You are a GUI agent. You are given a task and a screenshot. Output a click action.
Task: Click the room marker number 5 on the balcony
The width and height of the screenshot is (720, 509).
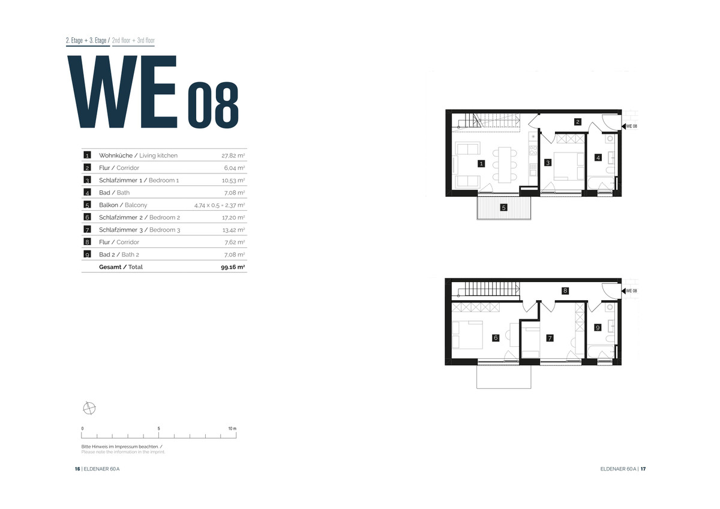click(503, 208)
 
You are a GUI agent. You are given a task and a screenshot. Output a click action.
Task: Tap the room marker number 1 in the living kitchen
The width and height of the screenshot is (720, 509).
click(481, 164)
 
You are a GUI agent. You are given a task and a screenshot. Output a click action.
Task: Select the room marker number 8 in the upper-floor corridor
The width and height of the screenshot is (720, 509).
click(565, 291)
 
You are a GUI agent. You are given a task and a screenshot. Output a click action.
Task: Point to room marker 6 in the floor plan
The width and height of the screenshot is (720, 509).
click(496, 337)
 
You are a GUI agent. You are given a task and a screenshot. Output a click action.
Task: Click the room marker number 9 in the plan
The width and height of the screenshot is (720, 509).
click(598, 328)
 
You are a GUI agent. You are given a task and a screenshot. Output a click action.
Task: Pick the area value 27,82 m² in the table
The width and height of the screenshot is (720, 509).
click(233, 155)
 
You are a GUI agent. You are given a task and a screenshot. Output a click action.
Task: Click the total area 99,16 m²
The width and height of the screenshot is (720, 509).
click(233, 267)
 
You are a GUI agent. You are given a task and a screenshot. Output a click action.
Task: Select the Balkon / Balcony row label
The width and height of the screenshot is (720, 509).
click(123, 205)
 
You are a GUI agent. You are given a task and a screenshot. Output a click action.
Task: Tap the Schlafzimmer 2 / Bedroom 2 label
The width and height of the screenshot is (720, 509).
click(139, 217)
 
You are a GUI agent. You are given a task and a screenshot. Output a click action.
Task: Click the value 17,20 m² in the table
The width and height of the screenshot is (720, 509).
click(233, 218)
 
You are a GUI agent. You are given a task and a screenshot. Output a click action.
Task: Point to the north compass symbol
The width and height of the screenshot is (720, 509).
click(89, 408)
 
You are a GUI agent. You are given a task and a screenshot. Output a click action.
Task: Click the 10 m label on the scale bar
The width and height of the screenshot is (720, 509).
click(232, 429)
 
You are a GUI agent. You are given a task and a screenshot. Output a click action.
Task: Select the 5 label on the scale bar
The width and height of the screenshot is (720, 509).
click(159, 429)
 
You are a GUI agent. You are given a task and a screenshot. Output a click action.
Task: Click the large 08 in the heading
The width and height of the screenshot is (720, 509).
click(213, 105)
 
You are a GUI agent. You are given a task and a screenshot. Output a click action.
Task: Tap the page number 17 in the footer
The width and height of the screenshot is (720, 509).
click(643, 469)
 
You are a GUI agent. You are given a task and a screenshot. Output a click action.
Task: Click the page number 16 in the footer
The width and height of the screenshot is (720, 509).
click(77, 469)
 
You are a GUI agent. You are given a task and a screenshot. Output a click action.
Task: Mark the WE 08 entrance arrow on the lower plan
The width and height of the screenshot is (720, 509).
click(623, 291)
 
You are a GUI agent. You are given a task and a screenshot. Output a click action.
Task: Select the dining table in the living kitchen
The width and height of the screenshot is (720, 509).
click(505, 165)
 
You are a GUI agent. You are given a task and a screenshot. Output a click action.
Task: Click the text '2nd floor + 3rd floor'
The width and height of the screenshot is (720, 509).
click(133, 40)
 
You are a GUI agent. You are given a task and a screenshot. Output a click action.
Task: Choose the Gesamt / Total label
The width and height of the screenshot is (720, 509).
click(121, 267)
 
